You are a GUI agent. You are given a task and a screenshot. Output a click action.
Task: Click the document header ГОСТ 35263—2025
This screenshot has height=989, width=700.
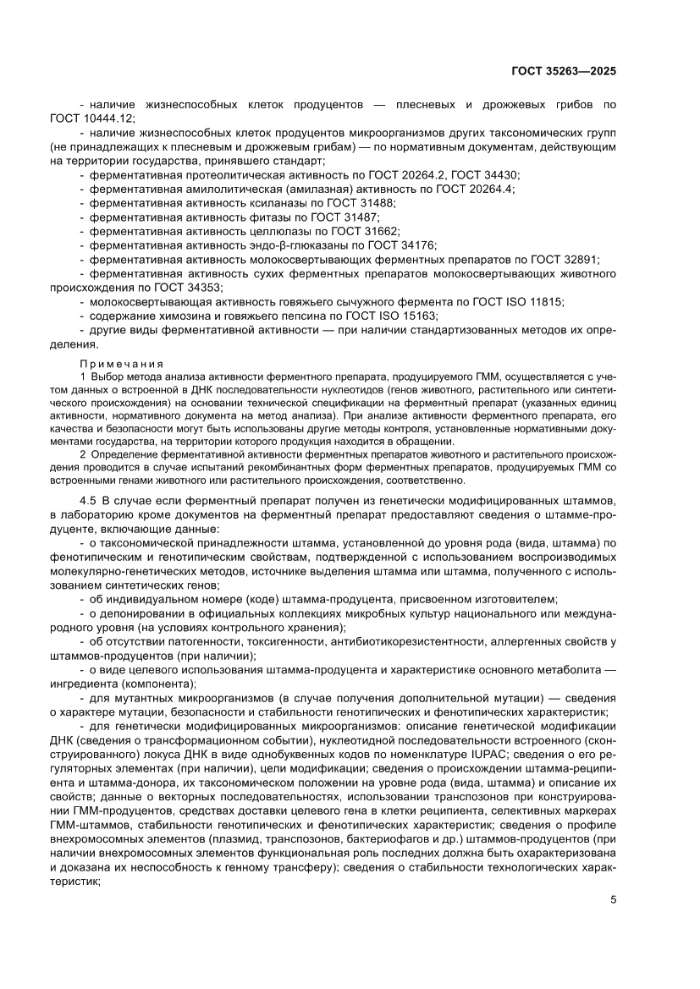point(563,71)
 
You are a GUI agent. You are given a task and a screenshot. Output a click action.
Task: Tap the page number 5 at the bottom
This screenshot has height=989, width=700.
point(613,898)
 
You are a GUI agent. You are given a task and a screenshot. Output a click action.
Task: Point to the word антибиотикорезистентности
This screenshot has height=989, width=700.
point(376,643)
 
